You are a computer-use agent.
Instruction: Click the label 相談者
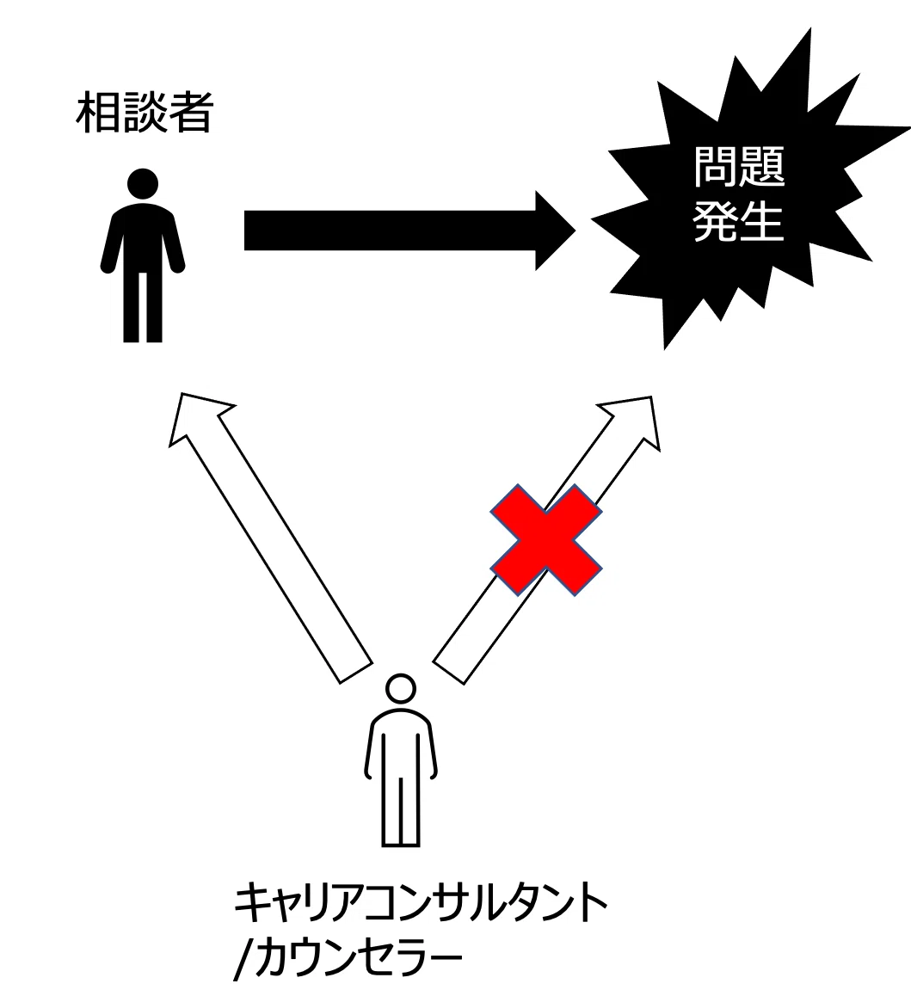(144, 114)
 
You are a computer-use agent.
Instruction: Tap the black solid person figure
(143, 255)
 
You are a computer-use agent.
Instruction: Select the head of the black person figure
(143, 183)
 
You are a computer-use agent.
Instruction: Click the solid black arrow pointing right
(409, 230)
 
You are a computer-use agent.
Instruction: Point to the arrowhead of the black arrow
(554, 230)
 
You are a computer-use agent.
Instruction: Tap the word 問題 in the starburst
(739, 167)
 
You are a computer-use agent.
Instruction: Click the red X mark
(546, 540)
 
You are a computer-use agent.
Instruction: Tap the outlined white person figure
(400, 760)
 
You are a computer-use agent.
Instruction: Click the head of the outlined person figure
(400, 689)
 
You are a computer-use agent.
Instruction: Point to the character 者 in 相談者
(190, 114)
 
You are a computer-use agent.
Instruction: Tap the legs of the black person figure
(143, 308)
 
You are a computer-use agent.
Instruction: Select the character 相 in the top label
(98, 114)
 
